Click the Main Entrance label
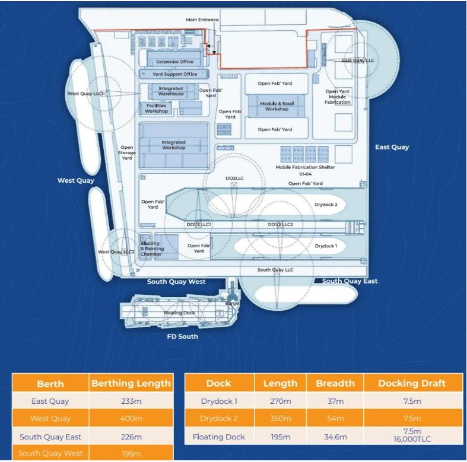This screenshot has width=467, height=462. tap(202, 20)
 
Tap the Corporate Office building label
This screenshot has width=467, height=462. tap(175, 62)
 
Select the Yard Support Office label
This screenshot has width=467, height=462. tap(174, 74)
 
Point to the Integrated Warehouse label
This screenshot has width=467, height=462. tap(171, 91)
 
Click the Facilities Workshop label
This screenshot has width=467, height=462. tap(156, 108)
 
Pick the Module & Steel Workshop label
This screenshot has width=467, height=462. tap(277, 106)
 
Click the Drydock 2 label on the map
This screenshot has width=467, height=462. tap(326, 205)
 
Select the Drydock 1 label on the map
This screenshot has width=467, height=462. tap(326, 246)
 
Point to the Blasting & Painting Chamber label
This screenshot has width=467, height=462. tap(151, 249)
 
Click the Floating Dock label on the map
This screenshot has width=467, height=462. tap(179, 313)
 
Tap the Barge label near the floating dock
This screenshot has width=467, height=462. tap(232, 303)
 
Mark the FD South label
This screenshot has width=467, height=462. tap(182, 336)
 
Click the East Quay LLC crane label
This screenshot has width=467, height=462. tap(358, 60)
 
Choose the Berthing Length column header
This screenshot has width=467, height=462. tap(131, 383)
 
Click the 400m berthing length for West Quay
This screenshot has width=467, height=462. tap(131, 419)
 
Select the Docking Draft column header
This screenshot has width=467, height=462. tap(412, 383)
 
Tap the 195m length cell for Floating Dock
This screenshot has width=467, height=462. tap(281, 437)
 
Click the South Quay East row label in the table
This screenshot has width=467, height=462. tap(50, 437)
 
